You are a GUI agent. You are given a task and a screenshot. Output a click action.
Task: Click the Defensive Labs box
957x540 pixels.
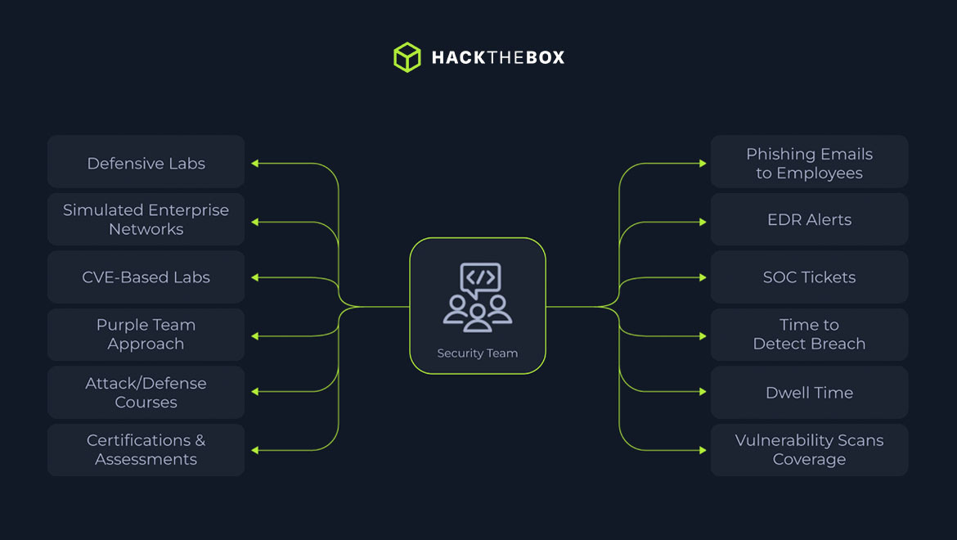coord(146,163)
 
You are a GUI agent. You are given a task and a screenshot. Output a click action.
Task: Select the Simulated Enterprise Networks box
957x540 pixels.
coord(146,219)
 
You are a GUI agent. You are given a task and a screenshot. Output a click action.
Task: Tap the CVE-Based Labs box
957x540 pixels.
coord(146,277)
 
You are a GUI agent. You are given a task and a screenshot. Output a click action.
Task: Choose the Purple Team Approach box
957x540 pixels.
coord(146,335)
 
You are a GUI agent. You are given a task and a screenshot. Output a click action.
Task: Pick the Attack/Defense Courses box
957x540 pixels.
coord(146,392)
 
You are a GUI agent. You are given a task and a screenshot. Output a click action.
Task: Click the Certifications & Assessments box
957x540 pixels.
coord(146,449)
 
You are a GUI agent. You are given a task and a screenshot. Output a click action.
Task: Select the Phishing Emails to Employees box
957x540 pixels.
coord(809,163)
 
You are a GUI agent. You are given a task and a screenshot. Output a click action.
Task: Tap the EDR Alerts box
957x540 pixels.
coord(809,219)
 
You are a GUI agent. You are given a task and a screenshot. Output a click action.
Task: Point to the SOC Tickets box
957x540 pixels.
coord(809,277)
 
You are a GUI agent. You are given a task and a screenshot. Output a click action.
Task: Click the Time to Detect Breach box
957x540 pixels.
coord(809,335)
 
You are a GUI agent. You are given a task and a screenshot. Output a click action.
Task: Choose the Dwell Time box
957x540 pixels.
coord(809,392)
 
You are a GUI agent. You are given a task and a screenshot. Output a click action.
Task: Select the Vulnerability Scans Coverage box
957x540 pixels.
coord(809,449)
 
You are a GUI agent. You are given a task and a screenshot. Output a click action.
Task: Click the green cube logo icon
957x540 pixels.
coord(407,57)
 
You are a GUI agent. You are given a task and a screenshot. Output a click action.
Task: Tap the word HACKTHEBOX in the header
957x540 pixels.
coord(497,57)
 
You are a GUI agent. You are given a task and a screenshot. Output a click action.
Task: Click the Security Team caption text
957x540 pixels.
coord(478,353)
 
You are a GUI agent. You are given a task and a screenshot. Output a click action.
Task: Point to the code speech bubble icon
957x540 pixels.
coord(479,277)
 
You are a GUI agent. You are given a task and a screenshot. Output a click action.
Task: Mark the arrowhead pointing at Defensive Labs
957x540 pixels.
coord(254,164)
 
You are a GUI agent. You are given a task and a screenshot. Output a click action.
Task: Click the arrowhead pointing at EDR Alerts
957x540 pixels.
coord(702,221)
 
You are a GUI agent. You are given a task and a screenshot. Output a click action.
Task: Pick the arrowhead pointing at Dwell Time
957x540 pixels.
coord(702,392)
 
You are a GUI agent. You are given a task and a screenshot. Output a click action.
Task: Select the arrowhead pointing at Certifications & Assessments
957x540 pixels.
coord(254,450)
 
